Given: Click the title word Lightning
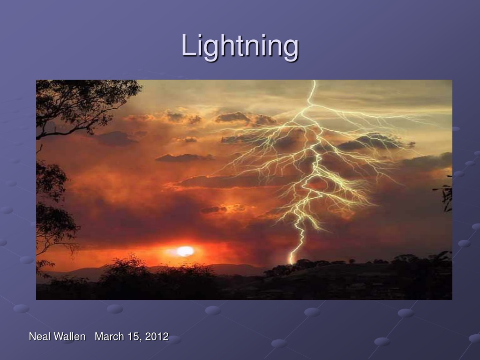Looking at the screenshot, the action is pyautogui.click(x=240, y=47).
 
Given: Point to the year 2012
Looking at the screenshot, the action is pyautogui.click(x=157, y=337).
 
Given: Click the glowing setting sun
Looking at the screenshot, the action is pyautogui.click(x=185, y=251).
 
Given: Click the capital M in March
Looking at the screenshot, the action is pyautogui.click(x=99, y=337).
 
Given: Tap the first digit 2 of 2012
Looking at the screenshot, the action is pyautogui.click(x=148, y=337).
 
